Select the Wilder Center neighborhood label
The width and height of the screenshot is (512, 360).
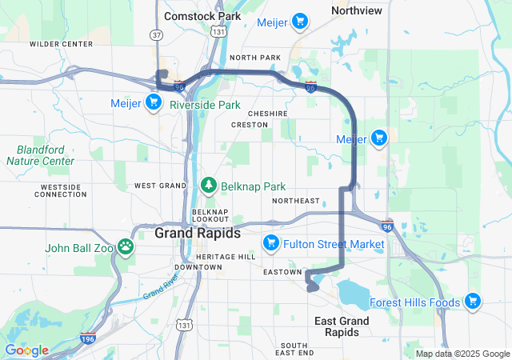56,44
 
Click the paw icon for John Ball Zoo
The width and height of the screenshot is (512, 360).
126,246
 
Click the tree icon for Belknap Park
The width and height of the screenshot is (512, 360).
209,186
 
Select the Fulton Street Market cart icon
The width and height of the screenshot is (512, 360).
270,242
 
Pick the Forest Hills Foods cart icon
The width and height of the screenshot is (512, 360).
473,302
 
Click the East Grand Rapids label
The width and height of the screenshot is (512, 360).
342,326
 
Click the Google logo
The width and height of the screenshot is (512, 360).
26,350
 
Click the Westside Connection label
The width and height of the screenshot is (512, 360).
61,190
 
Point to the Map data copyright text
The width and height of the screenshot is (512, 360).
462,354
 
